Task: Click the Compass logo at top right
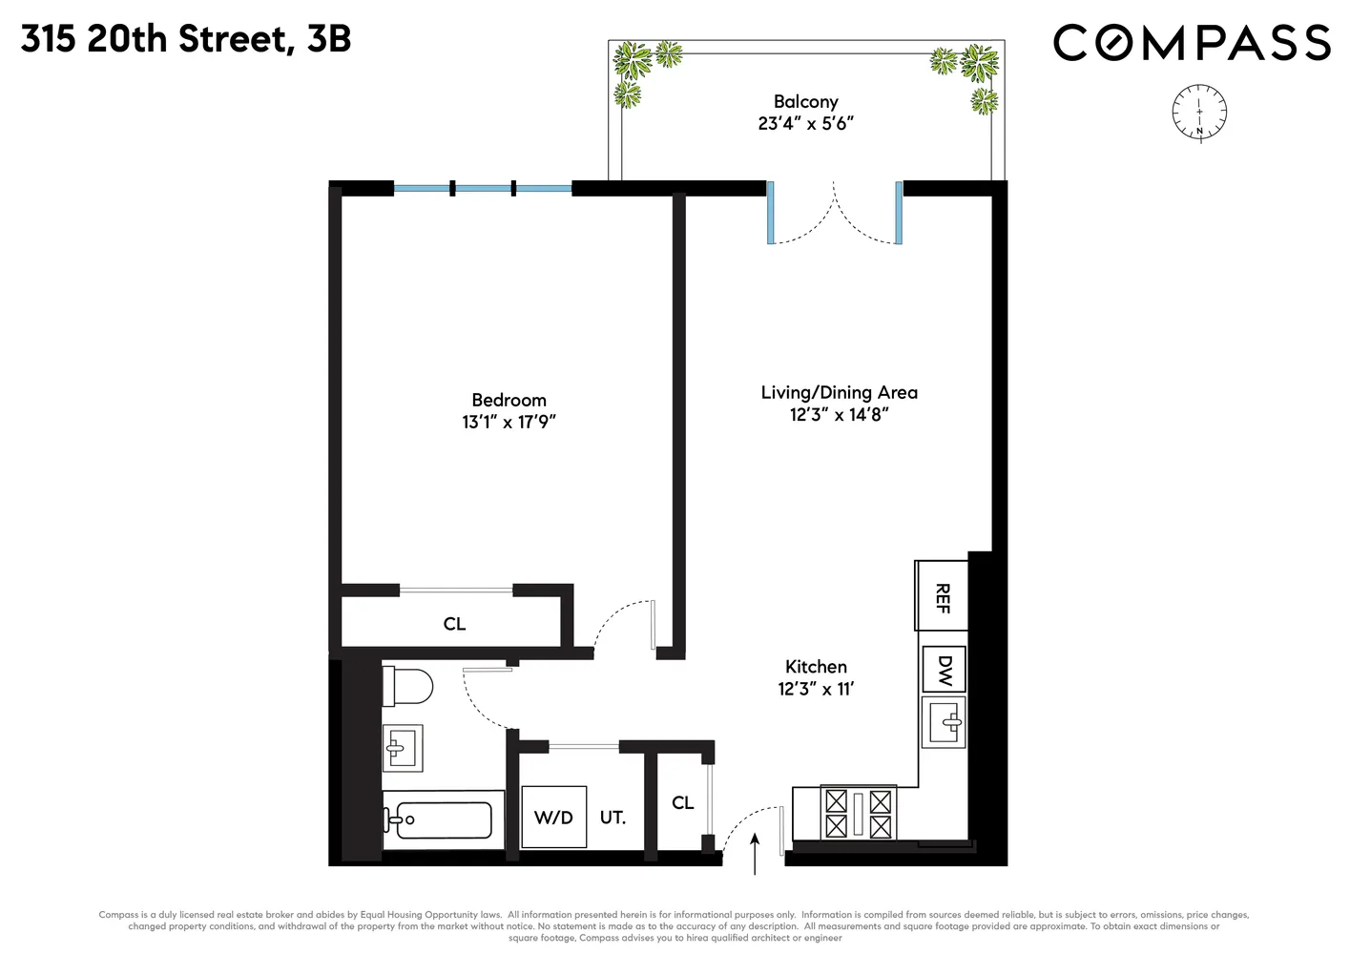pyautogui.click(x=1192, y=43)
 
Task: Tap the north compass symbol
pyautogui.click(x=1199, y=112)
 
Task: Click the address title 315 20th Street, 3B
pyautogui.click(x=186, y=39)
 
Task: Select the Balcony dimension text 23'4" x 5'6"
pyautogui.click(x=805, y=123)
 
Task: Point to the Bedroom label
pyautogui.click(x=509, y=400)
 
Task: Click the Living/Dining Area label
pyautogui.click(x=839, y=392)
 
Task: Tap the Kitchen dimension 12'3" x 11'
pyautogui.click(x=816, y=689)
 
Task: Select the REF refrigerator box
pyautogui.click(x=942, y=596)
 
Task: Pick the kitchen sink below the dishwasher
pyautogui.click(x=945, y=721)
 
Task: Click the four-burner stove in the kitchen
pyautogui.click(x=858, y=813)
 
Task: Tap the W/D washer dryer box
pyautogui.click(x=553, y=817)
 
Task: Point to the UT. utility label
pyautogui.click(x=613, y=818)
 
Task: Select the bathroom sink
pyautogui.click(x=403, y=747)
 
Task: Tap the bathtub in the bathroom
pyautogui.click(x=439, y=819)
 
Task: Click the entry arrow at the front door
pyautogui.click(x=755, y=853)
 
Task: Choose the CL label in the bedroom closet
pyautogui.click(x=454, y=624)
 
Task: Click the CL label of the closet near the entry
pyautogui.click(x=682, y=802)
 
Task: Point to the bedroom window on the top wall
pyautogui.click(x=483, y=189)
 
